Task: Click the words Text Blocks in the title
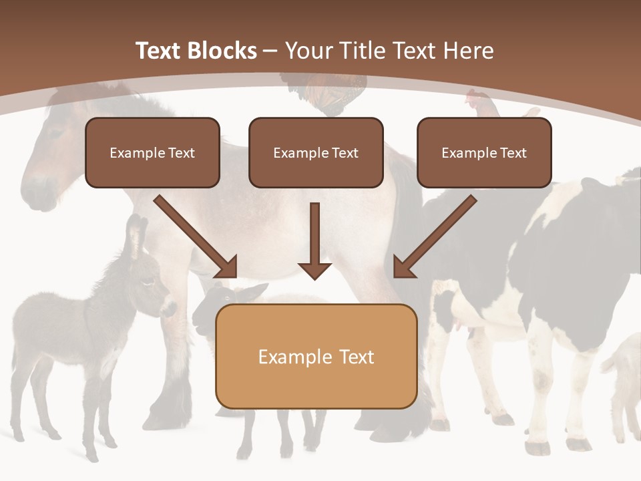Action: pyautogui.click(x=196, y=51)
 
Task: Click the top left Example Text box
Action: pyautogui.click(x=152, y=152)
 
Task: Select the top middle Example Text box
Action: pyautogui.click(x=316, y=152)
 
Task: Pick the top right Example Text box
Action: pyautogui.click(x=484, y=152)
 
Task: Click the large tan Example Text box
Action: pyautogui.click(x=316, y=356)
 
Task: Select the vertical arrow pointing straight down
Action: pyautogui.click(x=314, y=240)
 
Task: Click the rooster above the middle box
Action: pyautogui.click(x=327, y=94)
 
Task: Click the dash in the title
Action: pyautogui.click(x=270, y=51)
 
